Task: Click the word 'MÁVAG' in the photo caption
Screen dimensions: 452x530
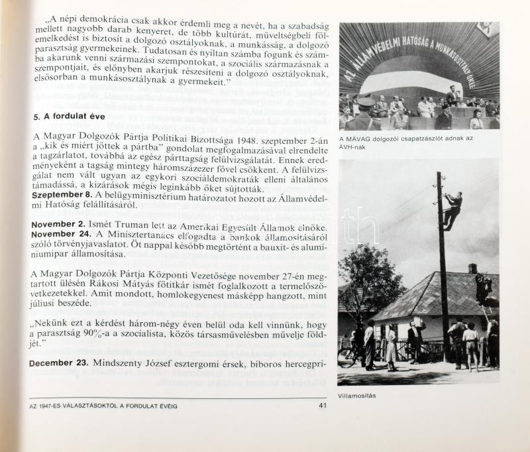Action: (x=360, y=138)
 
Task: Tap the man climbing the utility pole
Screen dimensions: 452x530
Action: (x=453, y=209)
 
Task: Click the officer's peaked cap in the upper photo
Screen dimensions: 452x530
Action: (x=366, y=101)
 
